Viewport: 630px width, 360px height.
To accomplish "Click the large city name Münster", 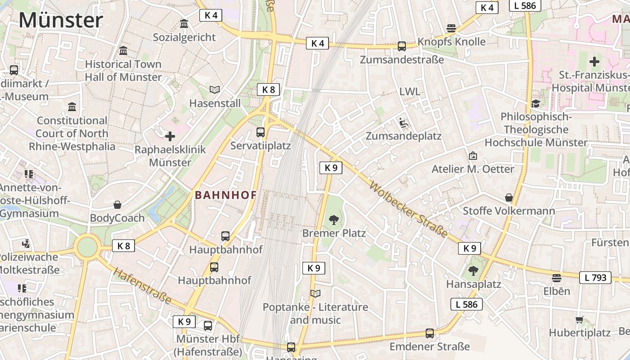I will coord(61,20).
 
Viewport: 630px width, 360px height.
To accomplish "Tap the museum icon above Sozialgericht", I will coord(184,23).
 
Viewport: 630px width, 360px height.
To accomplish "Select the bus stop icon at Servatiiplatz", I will coord(261,132).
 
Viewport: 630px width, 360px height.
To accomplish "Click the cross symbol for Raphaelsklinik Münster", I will coord(170,136).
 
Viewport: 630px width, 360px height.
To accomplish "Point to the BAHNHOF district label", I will coord(225,195).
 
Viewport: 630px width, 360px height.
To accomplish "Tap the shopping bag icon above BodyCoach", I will coord(117,205).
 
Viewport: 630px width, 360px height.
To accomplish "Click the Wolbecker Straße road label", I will coord(409,209).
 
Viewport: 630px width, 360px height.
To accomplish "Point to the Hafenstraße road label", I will coord(142,286).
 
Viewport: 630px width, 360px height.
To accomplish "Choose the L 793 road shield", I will coord(595,278).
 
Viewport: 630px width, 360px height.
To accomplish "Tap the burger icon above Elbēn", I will coord(557,278).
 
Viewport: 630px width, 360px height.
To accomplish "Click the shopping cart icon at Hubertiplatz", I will coord(579,320).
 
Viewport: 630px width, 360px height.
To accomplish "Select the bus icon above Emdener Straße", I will coord(430,333).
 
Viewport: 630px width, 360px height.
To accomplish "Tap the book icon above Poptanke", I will coord(315,294).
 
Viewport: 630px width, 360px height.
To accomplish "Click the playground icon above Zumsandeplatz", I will coord(403,122).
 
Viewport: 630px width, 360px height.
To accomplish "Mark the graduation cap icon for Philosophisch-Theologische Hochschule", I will coord(535,104).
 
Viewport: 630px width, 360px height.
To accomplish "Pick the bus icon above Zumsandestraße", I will coord(402,46).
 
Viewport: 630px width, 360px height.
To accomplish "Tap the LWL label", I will coord(409,92).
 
